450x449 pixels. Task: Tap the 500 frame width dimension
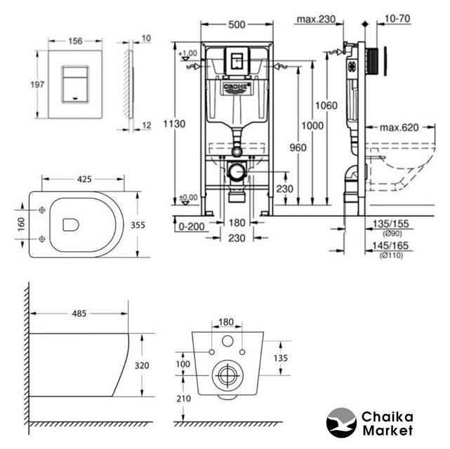236,25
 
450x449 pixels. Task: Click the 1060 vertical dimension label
326,106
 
